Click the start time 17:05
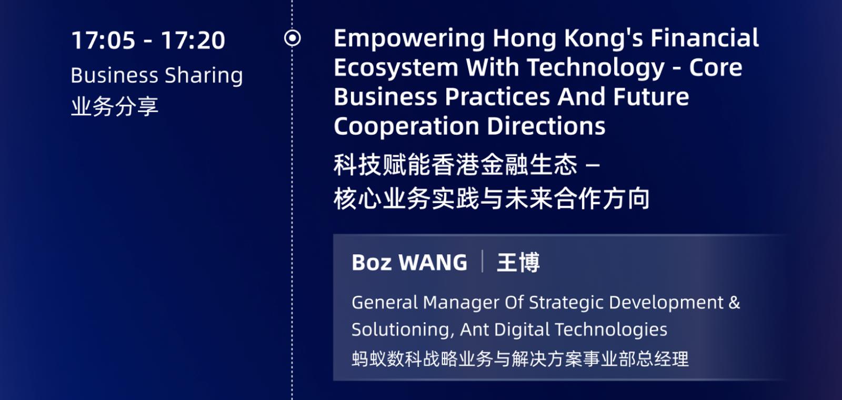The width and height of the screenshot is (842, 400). pyautogui.click(x=103, y=40)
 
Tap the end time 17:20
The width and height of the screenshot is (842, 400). pyautogui.click(x=193, y=40)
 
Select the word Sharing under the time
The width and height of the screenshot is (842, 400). pyautogui.click(x=204, y=76)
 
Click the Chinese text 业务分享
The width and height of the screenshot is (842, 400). pyautogui.click(x=114, y=106)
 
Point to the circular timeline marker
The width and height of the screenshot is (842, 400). pyautogui.click(x=293, y=38)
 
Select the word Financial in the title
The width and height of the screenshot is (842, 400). pyautogui.click(x=705, y=38)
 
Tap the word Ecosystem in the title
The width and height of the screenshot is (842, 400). pyautogui.click(x=396, y=68)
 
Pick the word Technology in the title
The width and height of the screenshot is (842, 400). pyautogui.click(x=596, y=68)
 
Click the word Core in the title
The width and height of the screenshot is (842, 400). pyautogui.click(x=716, y=68)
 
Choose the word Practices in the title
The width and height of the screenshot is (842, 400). pyautogui.click(x=498, y=97)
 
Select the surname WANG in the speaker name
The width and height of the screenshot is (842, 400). pyautogui.click(x=433, y=263)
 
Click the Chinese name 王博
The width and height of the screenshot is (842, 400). pyautogui.click(x=518, y=263)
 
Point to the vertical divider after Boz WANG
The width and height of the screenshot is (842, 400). pyautogui.click(x=482, y=261)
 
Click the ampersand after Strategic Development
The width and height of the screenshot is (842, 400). pyautogui.click(x=734, y=302)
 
